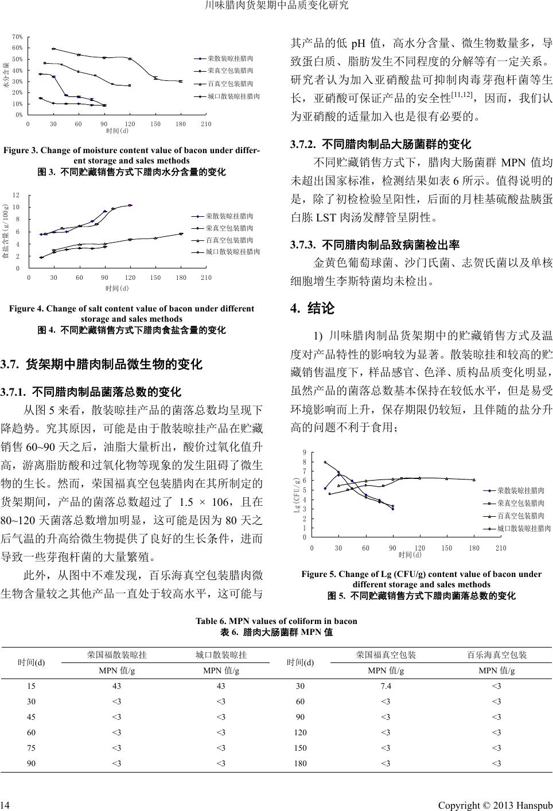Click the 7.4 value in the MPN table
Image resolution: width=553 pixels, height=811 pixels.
point(385,686)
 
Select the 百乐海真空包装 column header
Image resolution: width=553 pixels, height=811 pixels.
point(497,654)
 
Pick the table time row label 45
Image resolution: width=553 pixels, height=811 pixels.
point(32,717)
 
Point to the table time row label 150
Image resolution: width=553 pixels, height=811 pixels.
point(300,748)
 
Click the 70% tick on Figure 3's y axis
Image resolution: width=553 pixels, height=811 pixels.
point(17,37)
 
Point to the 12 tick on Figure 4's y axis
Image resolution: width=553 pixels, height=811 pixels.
point(16,196)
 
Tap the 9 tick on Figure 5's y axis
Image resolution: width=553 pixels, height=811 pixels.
point(305,453)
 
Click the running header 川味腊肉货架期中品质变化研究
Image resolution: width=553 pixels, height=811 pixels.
point(276,6)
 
